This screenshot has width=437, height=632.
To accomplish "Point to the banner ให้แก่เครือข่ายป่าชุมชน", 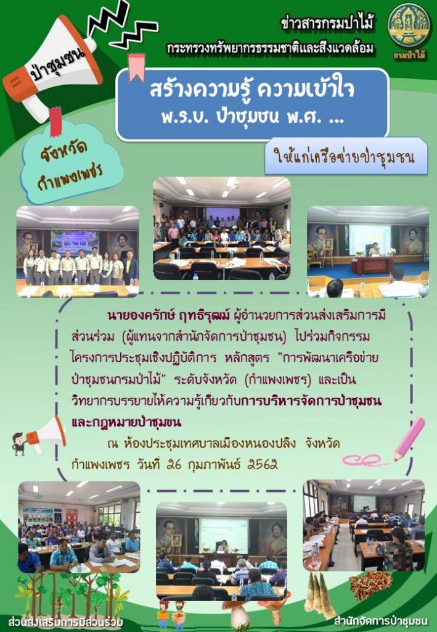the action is pyautogui.click(x=345, y=156).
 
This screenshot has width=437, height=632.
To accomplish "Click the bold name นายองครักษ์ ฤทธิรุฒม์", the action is pyautogui.click(x=169, y=315).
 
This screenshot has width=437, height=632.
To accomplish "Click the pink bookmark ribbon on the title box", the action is pyautogui.click(x=136, y=66).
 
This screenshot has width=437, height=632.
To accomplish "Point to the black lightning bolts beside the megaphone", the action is pyautogui.click(x=121, y=25).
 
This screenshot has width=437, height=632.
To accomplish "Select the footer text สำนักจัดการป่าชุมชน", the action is pyautogui.click(x=380, y=620).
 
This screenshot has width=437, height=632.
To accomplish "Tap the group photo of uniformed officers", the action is pyautogui.click(x=78, y=252).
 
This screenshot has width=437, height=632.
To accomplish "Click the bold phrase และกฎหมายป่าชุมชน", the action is pyautogui.click(x=126, y=422).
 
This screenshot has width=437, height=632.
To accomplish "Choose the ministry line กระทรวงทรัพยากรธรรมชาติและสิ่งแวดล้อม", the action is pyautogui.click(x=271, y=48).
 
